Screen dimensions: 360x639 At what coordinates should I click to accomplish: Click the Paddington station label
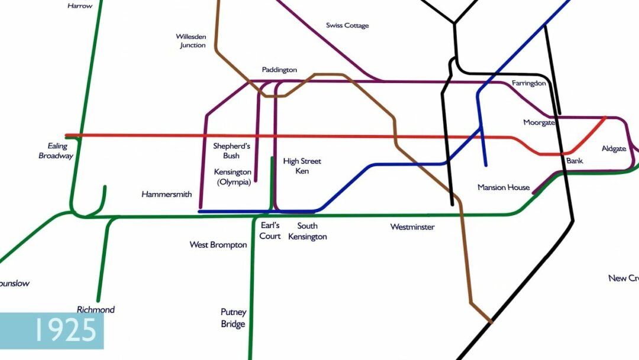pos(279,70)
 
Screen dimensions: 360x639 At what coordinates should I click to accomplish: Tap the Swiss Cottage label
pos(347,25)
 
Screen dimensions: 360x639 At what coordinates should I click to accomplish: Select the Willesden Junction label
pos(191,41)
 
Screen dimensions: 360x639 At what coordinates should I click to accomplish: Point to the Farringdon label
pos(529,83)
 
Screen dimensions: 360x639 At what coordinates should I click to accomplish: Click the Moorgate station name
pos(539,123)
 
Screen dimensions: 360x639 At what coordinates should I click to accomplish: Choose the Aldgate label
pos(614,149)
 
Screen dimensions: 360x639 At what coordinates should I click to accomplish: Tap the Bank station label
pos(575,160)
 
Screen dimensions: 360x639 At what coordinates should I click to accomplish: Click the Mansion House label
pos(504,188)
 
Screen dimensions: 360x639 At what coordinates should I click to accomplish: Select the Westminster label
pos(412,227)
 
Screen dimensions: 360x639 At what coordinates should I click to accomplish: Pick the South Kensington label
pos(308,232)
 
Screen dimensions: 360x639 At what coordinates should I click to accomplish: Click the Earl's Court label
pos(270,231)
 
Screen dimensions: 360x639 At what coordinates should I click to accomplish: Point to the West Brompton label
pos(218,245)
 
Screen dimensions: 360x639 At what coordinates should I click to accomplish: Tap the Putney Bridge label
pos(233,318)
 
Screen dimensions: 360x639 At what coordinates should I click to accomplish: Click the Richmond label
pos(96,310)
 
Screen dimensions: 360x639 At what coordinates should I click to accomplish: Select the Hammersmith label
pos(166,194)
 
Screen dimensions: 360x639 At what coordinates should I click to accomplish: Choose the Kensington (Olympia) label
pos(233,177)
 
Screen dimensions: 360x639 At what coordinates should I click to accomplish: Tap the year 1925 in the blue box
pos(65,330)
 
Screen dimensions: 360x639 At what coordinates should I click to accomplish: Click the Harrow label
pos(80,6)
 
